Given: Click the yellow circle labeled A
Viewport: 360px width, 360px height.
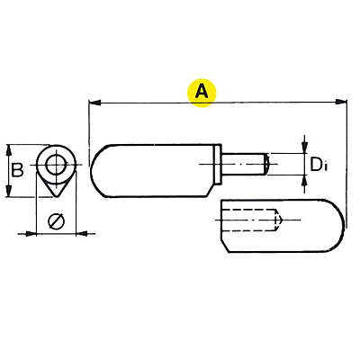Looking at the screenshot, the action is [202, 92].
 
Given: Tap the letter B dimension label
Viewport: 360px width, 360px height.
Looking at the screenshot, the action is [17, 170].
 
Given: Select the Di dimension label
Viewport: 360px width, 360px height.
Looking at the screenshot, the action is [319, 165].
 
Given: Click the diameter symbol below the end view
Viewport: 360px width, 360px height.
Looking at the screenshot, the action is [56, 221].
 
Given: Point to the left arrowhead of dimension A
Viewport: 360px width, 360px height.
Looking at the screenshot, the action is [95, 103].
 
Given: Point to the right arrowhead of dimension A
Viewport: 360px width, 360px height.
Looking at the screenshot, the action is [341, 102].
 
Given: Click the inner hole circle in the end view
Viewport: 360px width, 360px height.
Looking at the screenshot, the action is [56, 165].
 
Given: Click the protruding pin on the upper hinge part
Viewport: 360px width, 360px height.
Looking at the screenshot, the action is [244, 164].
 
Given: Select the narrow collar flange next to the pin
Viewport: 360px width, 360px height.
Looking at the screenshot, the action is [218, 165].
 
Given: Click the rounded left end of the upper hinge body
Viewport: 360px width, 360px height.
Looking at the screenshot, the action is [97, 171].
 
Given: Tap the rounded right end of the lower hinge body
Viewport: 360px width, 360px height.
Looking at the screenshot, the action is [336, 225].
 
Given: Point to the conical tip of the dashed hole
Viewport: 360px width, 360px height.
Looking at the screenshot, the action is [279, 220].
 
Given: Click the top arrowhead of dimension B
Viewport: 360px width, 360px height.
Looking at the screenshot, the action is [9, 150].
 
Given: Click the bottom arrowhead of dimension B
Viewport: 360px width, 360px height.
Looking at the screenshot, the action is [9, 191].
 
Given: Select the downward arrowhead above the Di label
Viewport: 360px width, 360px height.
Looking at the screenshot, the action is [305, 147].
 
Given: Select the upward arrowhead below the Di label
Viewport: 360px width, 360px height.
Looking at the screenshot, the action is [305, 181].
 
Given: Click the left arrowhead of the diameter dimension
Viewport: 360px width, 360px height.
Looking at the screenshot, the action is [31, 233].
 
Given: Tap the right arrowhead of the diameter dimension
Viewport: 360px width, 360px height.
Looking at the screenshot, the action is [82, 233].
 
